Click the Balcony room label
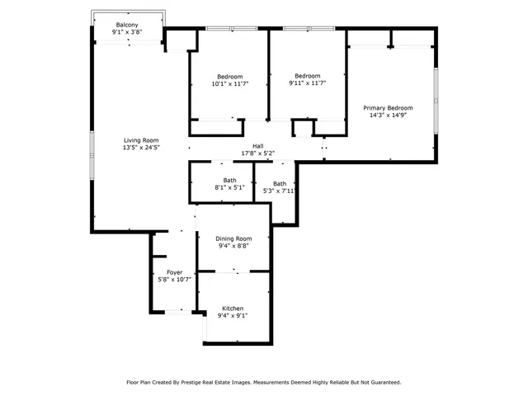127,25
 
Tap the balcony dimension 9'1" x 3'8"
127,32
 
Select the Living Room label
141,140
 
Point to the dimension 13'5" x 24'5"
141,148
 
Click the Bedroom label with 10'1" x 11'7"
229,76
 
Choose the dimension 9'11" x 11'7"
308,83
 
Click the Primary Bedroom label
389,108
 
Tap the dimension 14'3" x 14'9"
389,115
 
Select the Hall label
257,146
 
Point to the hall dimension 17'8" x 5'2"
257,153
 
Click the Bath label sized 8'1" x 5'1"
229,180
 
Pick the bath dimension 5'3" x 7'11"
280,191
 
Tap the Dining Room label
233,238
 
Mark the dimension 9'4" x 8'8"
233,246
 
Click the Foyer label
174,272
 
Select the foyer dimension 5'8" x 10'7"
174,280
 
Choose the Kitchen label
233,308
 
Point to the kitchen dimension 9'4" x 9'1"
233,315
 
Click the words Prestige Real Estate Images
210,382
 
